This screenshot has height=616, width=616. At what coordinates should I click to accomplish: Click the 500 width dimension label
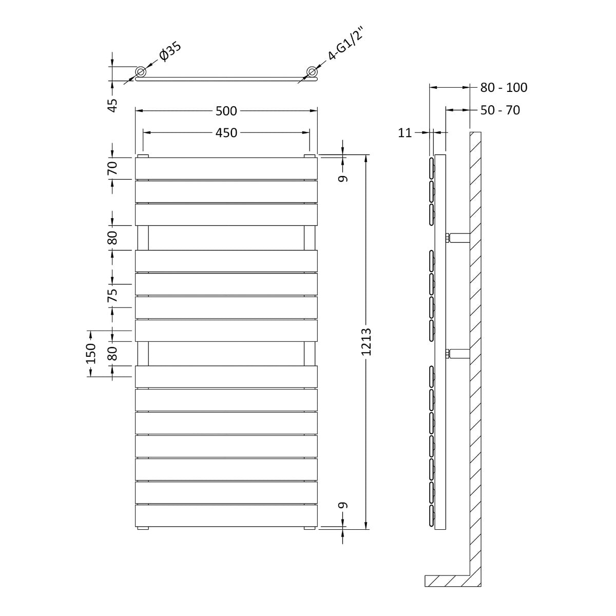pyautogui.click(x=226, y=111)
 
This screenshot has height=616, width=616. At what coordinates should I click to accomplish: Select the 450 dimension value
pyautogui.click(x=226, y=132)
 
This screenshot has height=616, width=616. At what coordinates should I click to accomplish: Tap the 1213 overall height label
pyautogui.click(x=367, y=342)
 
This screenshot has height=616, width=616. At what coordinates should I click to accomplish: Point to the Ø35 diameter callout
pyautogui.click(x=170, y=51)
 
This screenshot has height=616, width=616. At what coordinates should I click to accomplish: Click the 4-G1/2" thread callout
pyautogui.click(x=346, y=44)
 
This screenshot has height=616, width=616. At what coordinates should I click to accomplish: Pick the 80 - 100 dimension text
pyautogui.click(x=504, y=87)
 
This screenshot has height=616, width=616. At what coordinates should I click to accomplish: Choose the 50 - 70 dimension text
pyautogui.click(x=500, y=110)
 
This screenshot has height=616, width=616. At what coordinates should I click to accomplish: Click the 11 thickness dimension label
pyautogui.click(x=405, y=132)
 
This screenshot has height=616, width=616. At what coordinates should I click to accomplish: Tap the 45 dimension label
pyautogui.click(x=113, y=106)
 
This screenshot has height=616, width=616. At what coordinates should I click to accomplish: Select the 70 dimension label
pyautogui.click(x=113, y=168)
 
